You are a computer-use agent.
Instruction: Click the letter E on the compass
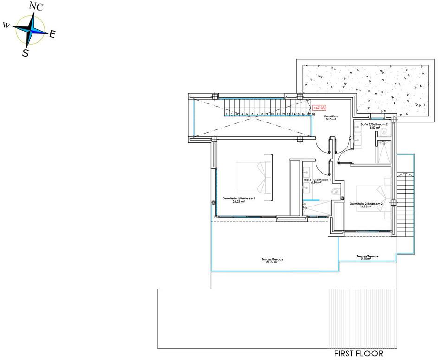[x=52, y=33]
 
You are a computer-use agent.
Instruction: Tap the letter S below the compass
[x=26, y=53]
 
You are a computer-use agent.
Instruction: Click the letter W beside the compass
[x=6, y=25]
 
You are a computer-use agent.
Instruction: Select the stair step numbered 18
[x=314, y=114]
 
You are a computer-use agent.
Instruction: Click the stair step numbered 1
[x=226, y=114]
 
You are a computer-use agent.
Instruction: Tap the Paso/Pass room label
[x=331, y=118]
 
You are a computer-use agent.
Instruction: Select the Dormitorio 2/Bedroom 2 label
[x=366, y=205]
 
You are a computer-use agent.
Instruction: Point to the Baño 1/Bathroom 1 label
[x=317, y=181]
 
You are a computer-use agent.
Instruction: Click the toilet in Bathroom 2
[x=383, y=133]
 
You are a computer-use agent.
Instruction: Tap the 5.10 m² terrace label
[x=367, y=257]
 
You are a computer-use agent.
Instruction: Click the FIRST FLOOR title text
[x=359, y=354]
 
